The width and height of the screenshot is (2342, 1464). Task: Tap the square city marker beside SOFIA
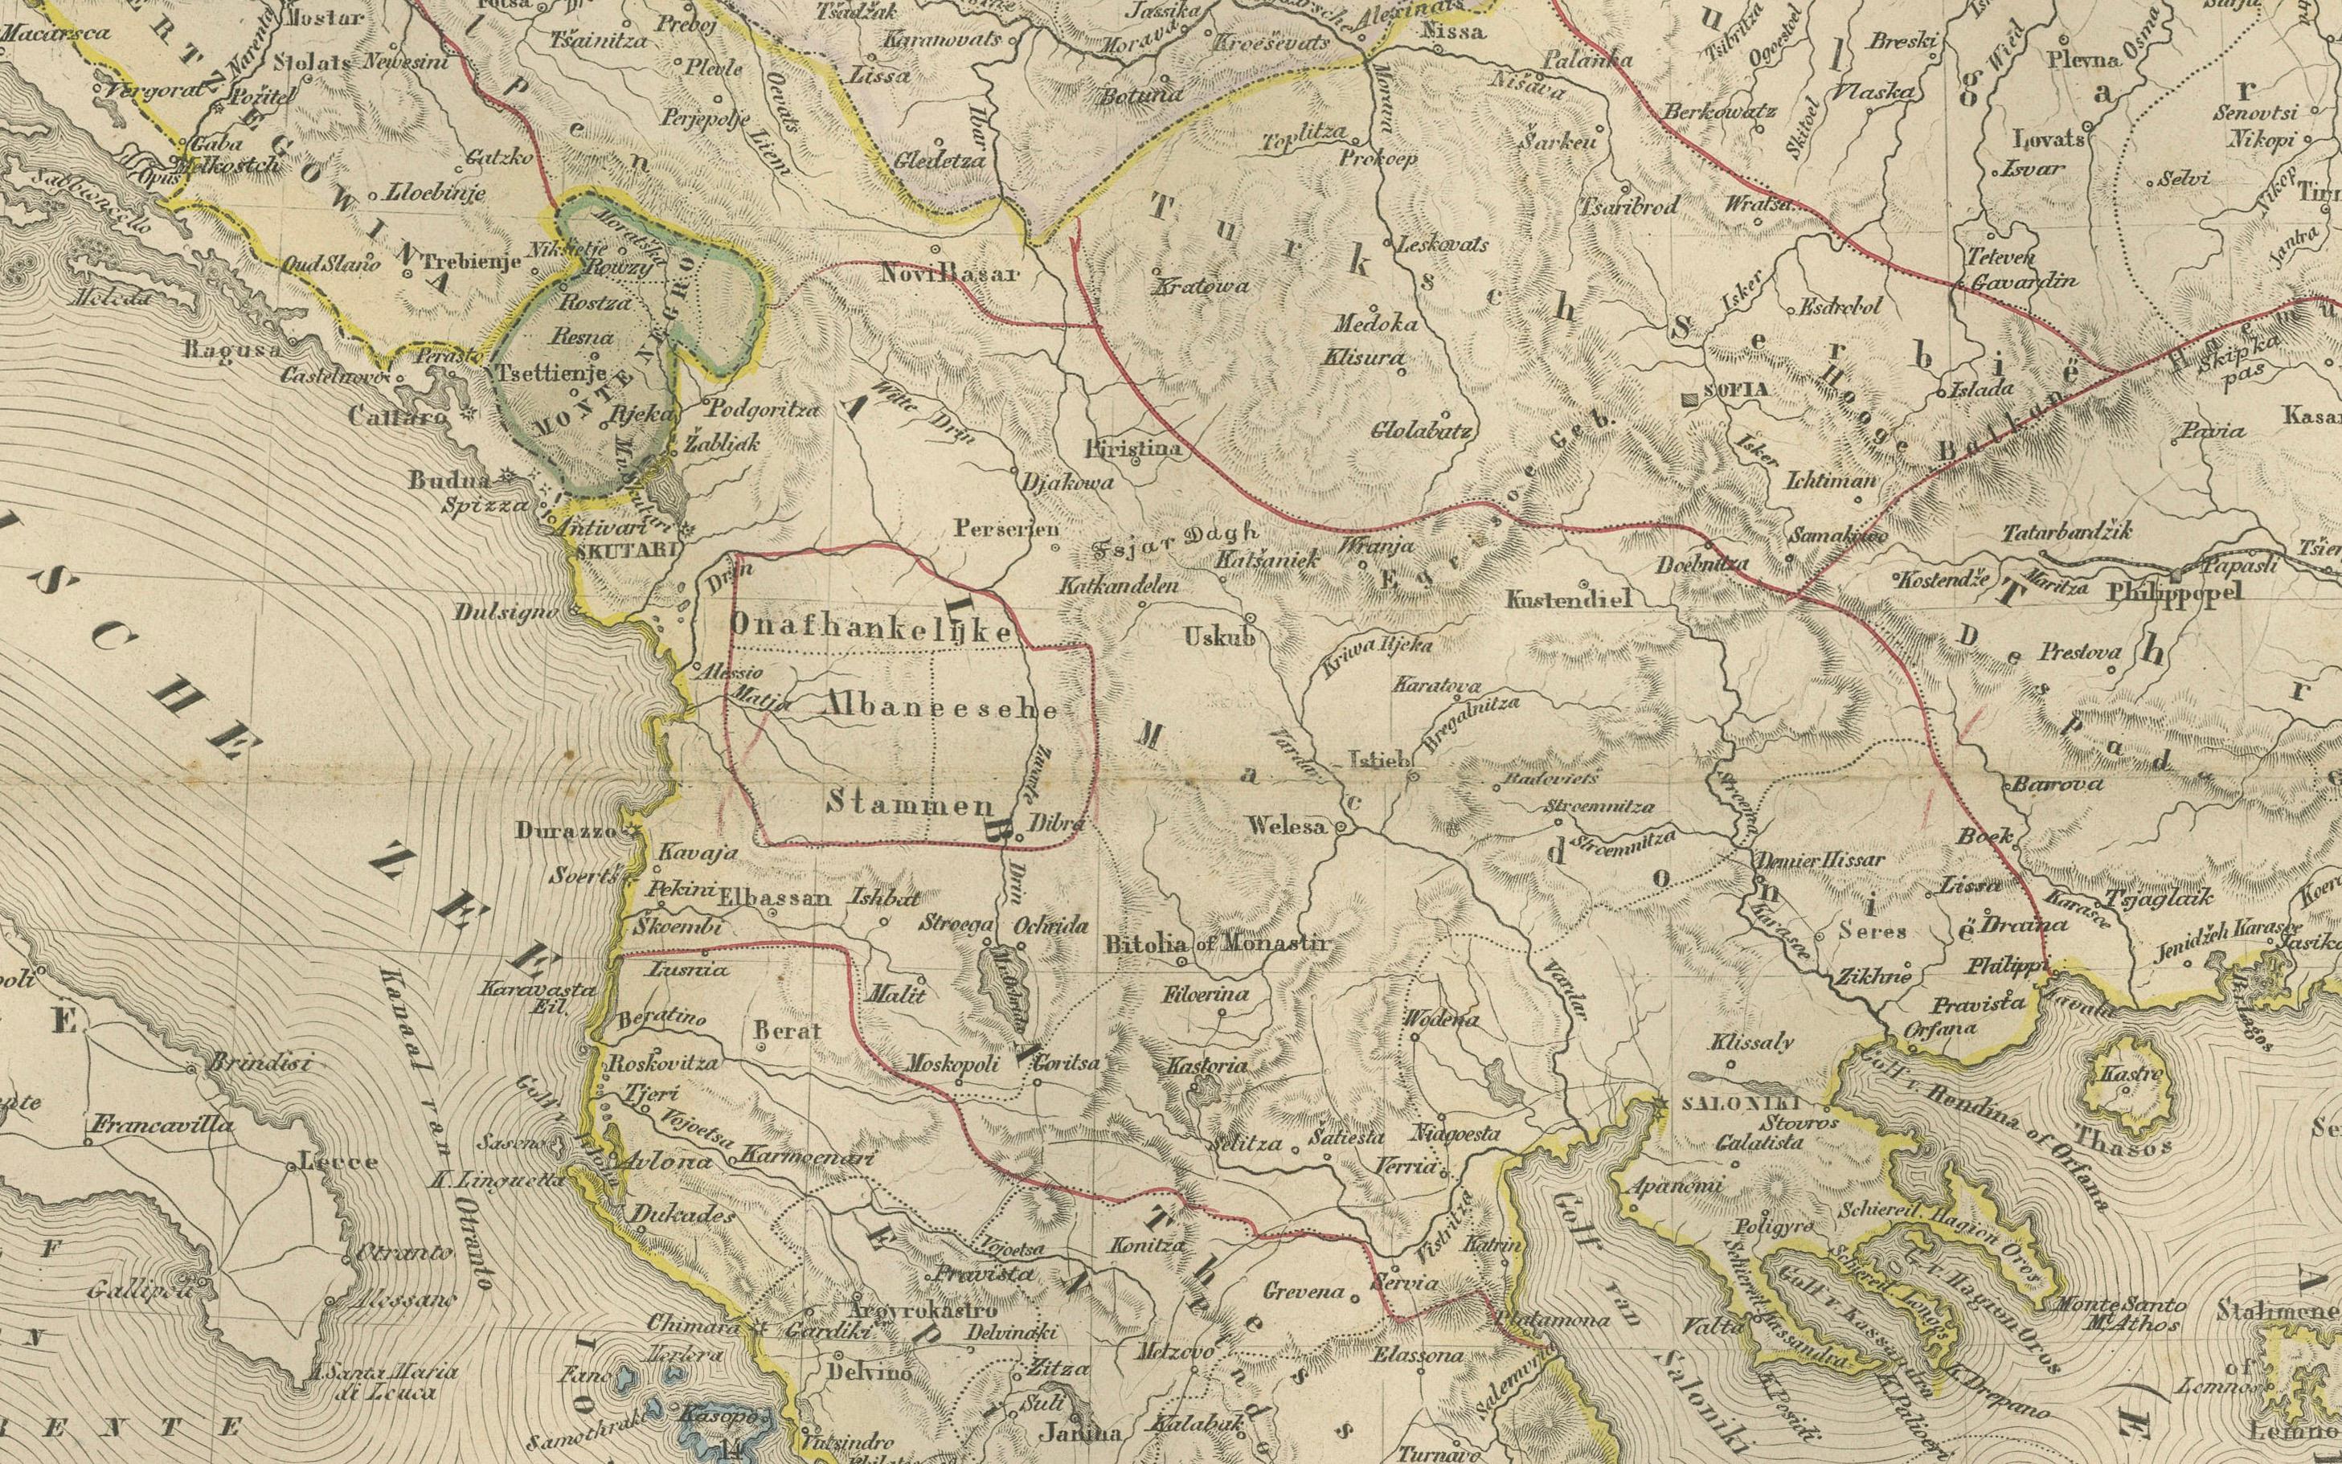click(1690, 398)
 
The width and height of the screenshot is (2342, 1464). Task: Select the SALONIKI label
click(1740, 1103)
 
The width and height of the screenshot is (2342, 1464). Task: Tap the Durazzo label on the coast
click(577, 830)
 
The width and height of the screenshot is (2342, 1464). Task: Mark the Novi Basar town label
click(950, 274)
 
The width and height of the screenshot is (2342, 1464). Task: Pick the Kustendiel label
click(1569, 600)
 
